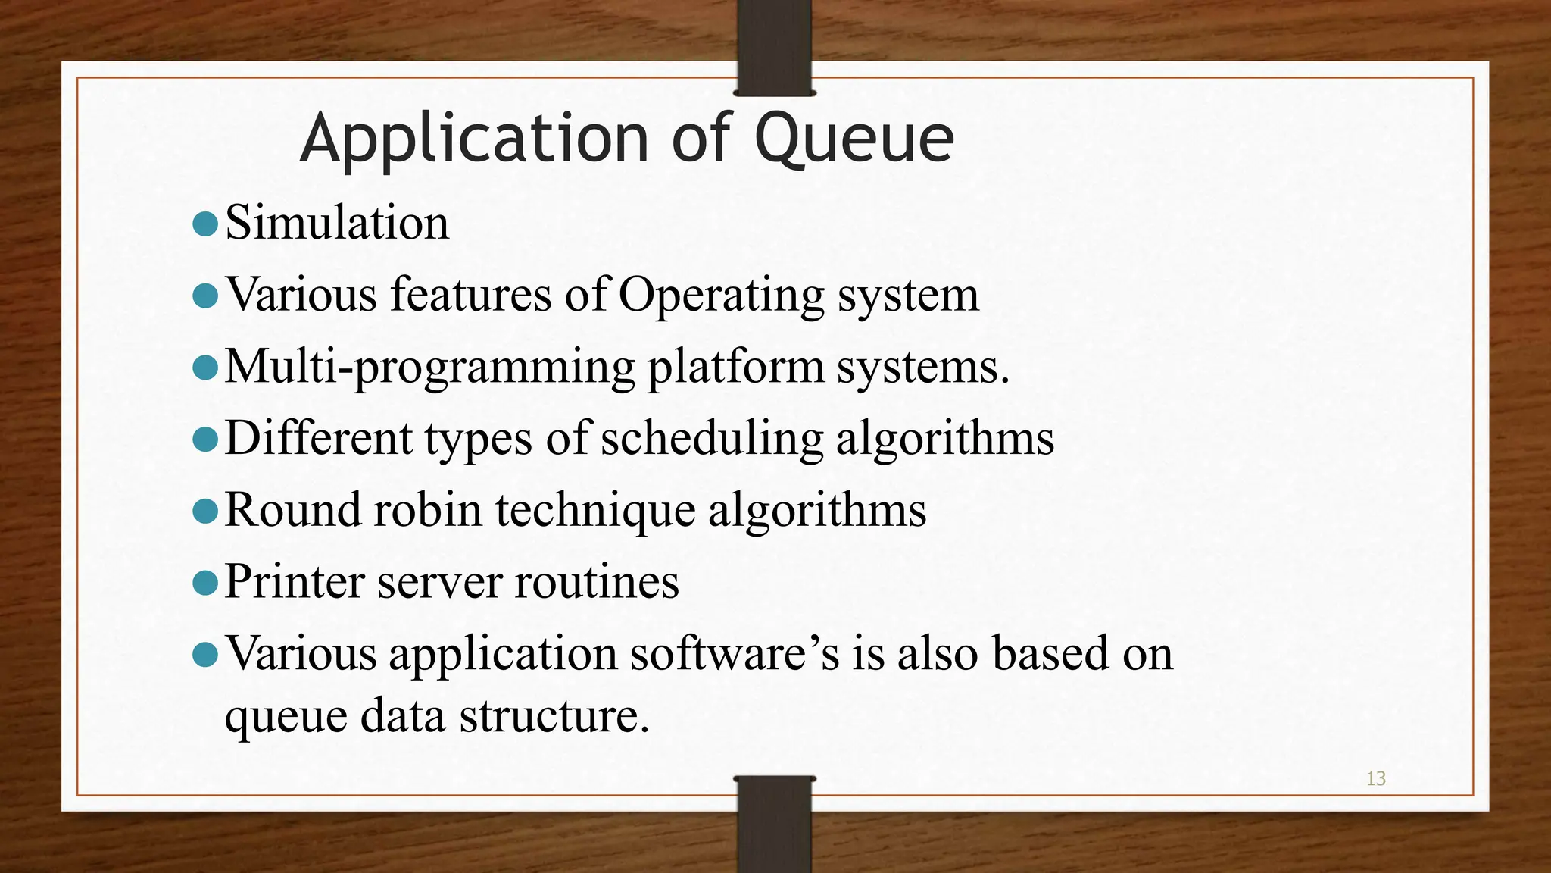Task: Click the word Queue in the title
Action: (854, 139)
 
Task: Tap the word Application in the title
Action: (474, 139)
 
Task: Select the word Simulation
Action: (337, 223)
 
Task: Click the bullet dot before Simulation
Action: (205, 224)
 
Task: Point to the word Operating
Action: (721, 296)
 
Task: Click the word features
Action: (470, 294)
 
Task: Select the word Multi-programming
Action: (429, 367)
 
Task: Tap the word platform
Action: (735, 367)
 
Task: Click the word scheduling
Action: (712, 438)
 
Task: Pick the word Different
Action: (319, 438)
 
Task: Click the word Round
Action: (293, 509)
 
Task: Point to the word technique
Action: (595, 509)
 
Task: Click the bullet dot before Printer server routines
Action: (205, 582)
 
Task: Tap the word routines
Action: (597, 581)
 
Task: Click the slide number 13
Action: (1375, 778)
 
